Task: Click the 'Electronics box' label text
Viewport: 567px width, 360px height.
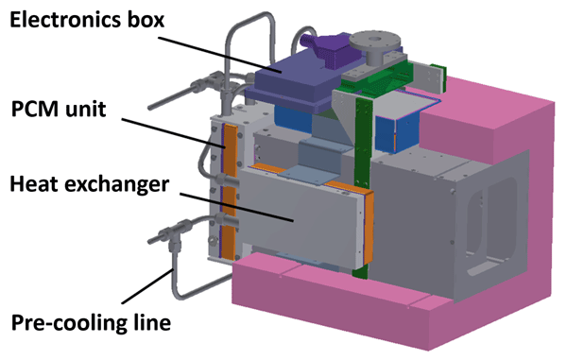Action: (x=87, y=20)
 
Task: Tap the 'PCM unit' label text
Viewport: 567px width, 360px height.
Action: (x=59, y=109)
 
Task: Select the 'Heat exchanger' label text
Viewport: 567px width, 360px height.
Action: (x=90, y=184)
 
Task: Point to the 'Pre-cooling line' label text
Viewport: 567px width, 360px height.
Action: (x=91, y=322)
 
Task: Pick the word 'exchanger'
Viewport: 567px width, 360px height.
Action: (x=119, y=184)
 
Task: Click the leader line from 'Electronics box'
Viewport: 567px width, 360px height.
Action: (x=219, y=54)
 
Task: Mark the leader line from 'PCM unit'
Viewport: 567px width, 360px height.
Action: (x=173, y=132)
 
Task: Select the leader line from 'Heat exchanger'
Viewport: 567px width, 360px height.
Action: (x=236, y=207)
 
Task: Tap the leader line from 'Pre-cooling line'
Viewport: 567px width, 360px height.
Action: (x=147, y=286)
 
